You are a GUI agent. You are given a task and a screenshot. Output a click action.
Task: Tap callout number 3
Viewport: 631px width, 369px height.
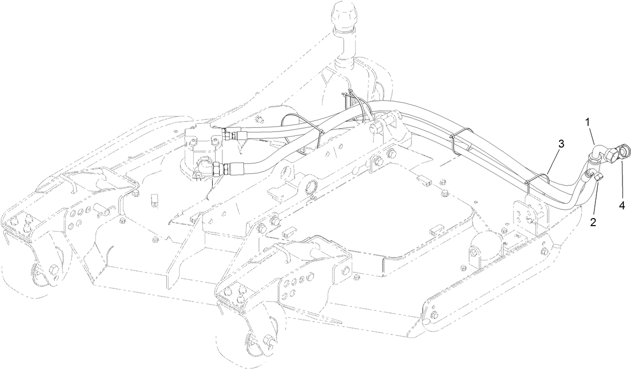click(x=561, y=144)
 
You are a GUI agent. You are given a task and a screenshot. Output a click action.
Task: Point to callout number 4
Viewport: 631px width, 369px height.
click(x=622, y=204)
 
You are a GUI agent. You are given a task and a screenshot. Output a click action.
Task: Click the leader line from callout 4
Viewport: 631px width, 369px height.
click(x=620, y=180)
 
